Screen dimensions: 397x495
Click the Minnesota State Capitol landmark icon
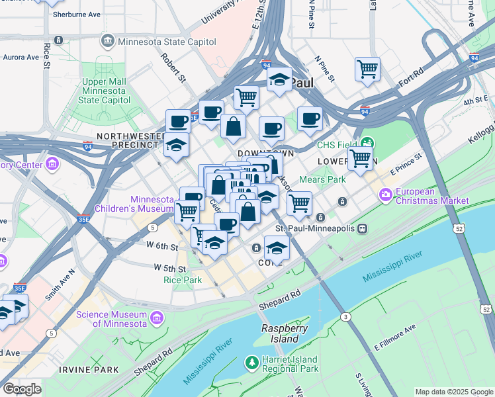tap(107, 42)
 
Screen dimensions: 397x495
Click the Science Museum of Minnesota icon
tap(156, 318)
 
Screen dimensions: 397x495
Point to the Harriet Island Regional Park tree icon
tap(251, 363)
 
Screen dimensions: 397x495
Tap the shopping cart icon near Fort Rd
tap(367, 69)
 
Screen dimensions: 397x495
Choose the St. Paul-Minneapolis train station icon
tap(362, 228)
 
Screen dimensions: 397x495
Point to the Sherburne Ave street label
tap(76, 14)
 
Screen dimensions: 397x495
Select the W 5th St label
tap(169, 268)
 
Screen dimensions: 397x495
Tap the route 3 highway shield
tap(345, 318)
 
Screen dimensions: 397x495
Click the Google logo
tap(21, 389)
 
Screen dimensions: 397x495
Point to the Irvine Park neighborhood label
tap(88, 369)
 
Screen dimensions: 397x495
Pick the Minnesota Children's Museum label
tap(152, 204)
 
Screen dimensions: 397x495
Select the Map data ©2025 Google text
tap(454, 392)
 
